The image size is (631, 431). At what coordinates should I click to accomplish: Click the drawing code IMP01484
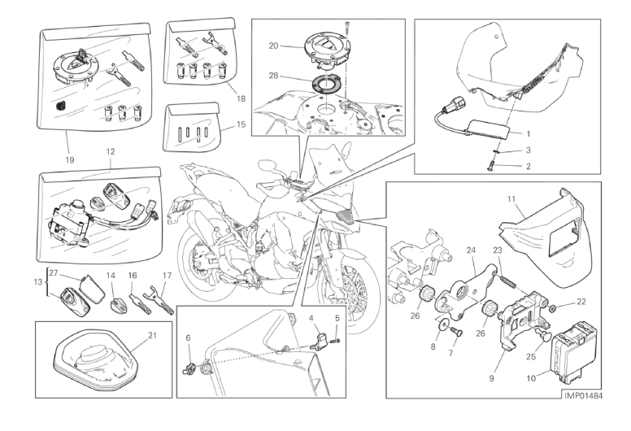click(584, 396)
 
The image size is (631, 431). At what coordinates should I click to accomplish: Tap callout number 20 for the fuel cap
click(273, 46)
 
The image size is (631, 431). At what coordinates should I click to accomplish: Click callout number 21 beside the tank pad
click(152, 335)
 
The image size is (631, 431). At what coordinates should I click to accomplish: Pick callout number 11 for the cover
click(511, 198)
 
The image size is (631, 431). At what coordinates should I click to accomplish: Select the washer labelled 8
click(444, 324)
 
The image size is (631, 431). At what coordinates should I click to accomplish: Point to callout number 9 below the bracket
click(491, 378)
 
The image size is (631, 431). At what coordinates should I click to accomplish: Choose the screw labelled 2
click(490, 168)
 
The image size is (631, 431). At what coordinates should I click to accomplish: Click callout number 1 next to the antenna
click(529, 134)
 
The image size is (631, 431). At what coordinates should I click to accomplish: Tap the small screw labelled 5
click(336, 341)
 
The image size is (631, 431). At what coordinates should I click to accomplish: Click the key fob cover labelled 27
click(90, 289)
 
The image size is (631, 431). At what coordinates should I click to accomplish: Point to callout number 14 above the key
click(111, 276)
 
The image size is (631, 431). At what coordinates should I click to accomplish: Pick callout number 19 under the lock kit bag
click(70, 160)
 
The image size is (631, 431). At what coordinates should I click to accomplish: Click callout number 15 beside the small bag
click(241, 124)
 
